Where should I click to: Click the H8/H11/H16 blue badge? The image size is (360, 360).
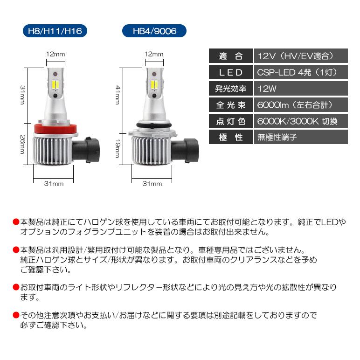[55, 31]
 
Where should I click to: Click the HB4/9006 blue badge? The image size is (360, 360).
[154, 31]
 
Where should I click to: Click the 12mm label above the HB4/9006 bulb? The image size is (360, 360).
[154, 55]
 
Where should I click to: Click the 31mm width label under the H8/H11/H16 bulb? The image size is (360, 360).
[54, 183]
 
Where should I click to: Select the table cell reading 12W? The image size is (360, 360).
[301, 88]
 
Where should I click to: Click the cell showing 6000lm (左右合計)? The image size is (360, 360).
[301, 104]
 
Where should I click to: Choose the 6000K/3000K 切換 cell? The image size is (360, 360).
[301, 121]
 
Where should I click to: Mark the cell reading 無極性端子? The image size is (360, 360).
[301, 137]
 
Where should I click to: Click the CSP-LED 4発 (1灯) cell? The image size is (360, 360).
[301, 72]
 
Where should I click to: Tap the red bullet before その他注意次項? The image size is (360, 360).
[16, 316]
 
